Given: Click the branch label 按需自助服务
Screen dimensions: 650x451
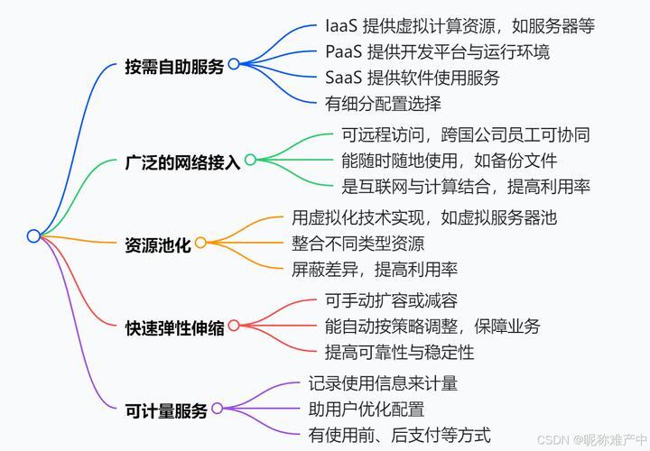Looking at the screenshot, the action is [174, 66].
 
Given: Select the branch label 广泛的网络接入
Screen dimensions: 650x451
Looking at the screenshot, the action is [182, 162].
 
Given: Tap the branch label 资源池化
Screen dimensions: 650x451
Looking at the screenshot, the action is [158, 244].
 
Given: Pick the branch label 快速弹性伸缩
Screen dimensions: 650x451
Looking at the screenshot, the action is [174, 327].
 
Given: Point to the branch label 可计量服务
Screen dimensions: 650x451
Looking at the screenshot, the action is [166, 410].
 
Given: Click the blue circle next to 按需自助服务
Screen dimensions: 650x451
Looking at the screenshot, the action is [234, 64].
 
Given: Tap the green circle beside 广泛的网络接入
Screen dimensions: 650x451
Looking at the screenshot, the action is [250, 160].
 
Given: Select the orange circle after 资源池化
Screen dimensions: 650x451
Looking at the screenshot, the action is [200, 243].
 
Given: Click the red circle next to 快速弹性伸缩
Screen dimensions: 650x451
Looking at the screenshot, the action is [234, 326].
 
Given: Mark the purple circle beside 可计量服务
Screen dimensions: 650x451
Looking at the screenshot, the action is [218, 409].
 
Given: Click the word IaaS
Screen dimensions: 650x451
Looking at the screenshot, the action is [340, 25].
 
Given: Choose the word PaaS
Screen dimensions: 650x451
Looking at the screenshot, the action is [343, 51].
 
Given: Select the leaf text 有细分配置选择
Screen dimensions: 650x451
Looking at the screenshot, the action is [383, 104].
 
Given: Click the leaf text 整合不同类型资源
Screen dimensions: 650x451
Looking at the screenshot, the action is [358, 244].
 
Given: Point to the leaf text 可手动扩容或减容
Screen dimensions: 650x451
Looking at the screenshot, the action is [391, 300].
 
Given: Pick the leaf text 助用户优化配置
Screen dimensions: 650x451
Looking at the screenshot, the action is [367, 410].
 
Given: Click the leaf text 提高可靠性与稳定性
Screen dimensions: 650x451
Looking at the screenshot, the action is [400, 353].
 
